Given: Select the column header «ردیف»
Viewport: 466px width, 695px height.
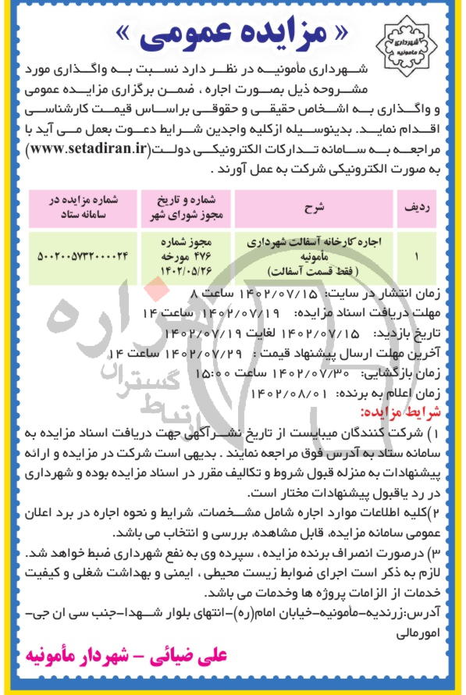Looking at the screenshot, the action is coord(417,207).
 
